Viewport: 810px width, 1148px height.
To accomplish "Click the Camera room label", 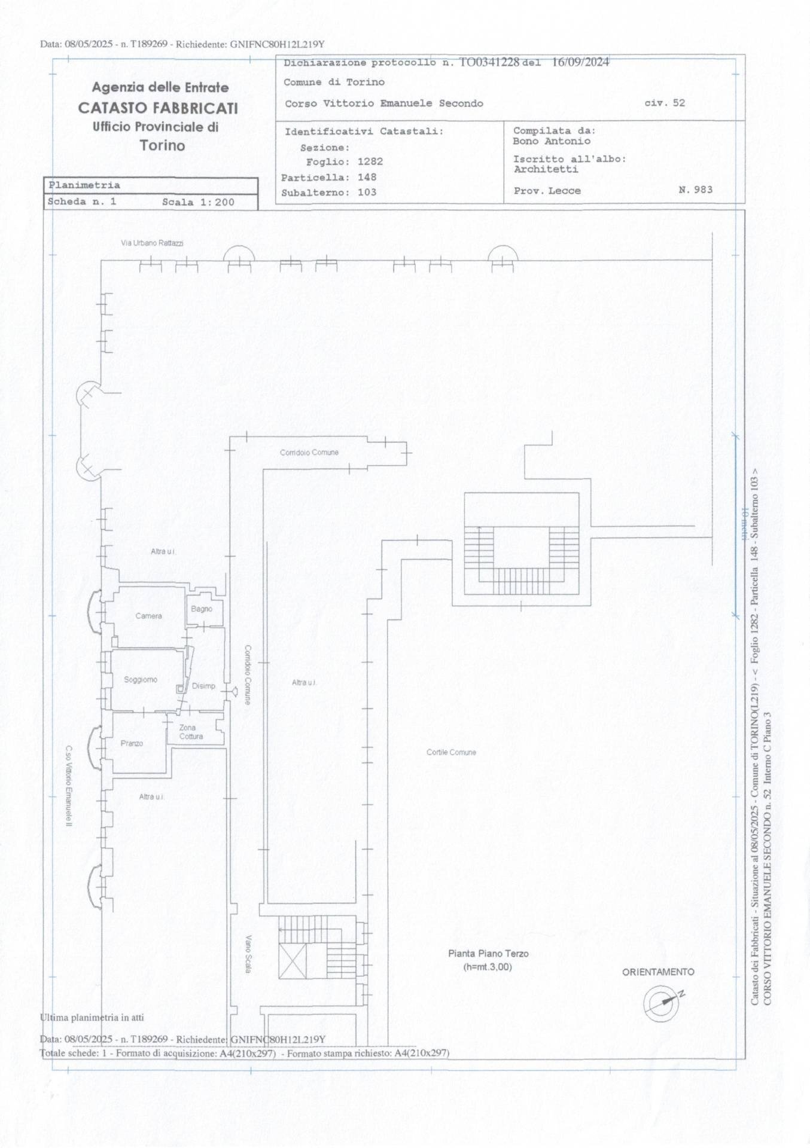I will click(x=148, y=616).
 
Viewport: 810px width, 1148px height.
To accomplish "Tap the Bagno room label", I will click(x=202, y=609).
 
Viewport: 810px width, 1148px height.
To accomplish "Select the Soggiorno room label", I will click(x=141, y=680).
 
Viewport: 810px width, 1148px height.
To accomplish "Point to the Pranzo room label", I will click(x=132, y=743).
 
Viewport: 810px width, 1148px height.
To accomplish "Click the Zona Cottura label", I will click(x=191, y=732).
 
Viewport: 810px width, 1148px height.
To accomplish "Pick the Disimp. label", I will click(x=203, y=686).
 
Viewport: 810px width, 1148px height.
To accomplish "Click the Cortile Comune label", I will click(x=451, y=752).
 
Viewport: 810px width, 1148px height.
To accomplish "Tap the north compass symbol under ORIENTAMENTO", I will click(x=662, y=1002).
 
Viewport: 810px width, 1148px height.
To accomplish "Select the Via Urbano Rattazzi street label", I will click(x=152, y=243).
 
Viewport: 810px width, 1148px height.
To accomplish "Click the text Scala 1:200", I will click(x=198, y=202).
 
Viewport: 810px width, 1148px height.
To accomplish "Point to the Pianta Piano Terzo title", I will click(x=488, y=954).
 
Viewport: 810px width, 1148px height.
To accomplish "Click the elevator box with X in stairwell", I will click(x=293, y=961).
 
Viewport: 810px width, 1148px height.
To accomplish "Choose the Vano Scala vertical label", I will click(x=248, y=954).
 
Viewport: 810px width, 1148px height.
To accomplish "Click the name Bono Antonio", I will click(x=551, y=141).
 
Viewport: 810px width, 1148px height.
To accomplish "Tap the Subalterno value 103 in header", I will click(x=367, y=193).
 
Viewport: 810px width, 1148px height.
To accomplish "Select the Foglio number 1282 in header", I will click(x=370, y=161).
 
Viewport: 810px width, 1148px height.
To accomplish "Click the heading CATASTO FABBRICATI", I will click(x=158, y=108).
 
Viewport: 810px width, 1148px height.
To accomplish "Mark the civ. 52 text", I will click(x=664, y=103).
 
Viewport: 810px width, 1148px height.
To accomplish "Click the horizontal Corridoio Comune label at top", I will click(x=309, y=453).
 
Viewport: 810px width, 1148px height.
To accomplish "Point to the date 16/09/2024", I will click(x=580, y=62).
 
